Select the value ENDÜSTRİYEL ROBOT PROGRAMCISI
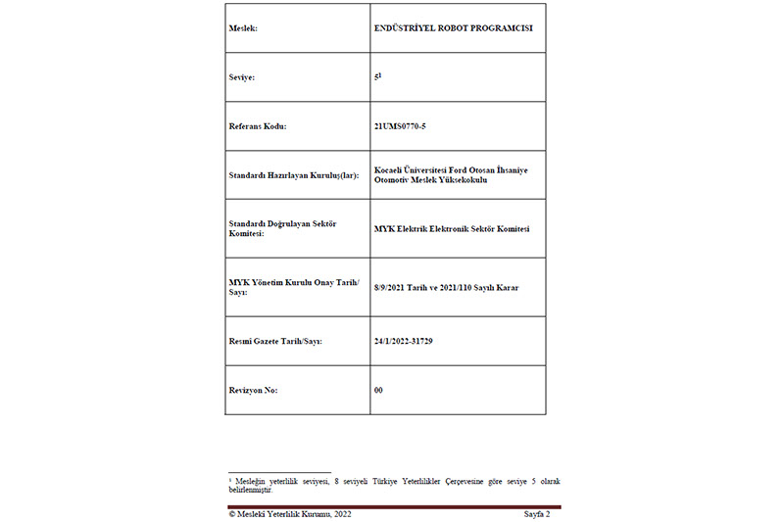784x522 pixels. (453, 28)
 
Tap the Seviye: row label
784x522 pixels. (242, 77)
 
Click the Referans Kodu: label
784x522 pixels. (258, 126)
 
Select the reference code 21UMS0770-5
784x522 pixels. (400, 126)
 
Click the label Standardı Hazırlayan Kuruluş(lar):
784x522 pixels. (294, 175)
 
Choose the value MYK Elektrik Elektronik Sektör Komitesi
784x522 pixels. (452, 229)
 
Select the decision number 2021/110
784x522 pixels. (462, 288)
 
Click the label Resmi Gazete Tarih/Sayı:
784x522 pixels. (275, 341)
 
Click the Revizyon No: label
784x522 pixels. (254, 390)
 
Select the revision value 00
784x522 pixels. (378, 390)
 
